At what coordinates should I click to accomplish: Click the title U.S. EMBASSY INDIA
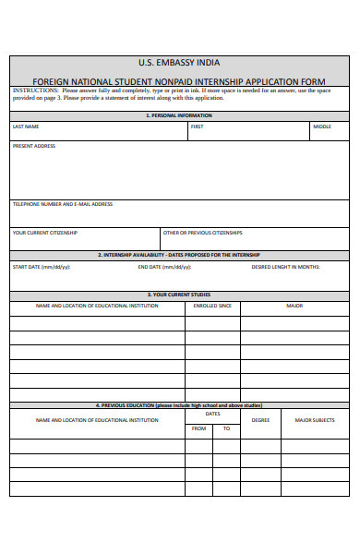click(179, 63)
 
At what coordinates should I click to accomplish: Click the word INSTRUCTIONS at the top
click(33, 90)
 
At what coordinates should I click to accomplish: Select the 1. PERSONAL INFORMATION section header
click(179, 115)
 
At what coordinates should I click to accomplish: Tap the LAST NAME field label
click(26, 126)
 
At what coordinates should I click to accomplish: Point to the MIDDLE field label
click(322, 126)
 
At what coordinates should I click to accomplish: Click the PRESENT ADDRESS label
click(33, 146)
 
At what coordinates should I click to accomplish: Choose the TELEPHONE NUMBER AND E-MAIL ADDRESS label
click(63, 204)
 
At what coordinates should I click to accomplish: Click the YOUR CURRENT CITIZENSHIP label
click(45, 233)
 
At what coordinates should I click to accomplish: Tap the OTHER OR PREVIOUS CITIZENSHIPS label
click(202, 233)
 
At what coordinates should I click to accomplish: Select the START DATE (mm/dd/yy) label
click(41, 267)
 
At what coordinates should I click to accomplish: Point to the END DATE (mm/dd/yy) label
click(165, 267)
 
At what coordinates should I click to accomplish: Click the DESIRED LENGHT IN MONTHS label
click(286, 267)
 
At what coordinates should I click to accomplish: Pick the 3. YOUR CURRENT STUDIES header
click(179, 295)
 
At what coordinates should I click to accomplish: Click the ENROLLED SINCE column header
click(212, 305)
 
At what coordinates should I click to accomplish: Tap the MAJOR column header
click(294, 305)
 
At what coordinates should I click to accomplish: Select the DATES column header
click(212, 414)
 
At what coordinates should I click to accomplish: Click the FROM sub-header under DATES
click(198, 428)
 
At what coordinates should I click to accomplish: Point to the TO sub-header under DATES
click(226, 428)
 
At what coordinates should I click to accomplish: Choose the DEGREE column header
click(261, 420)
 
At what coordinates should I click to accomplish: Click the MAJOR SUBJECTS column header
click(315, 420)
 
